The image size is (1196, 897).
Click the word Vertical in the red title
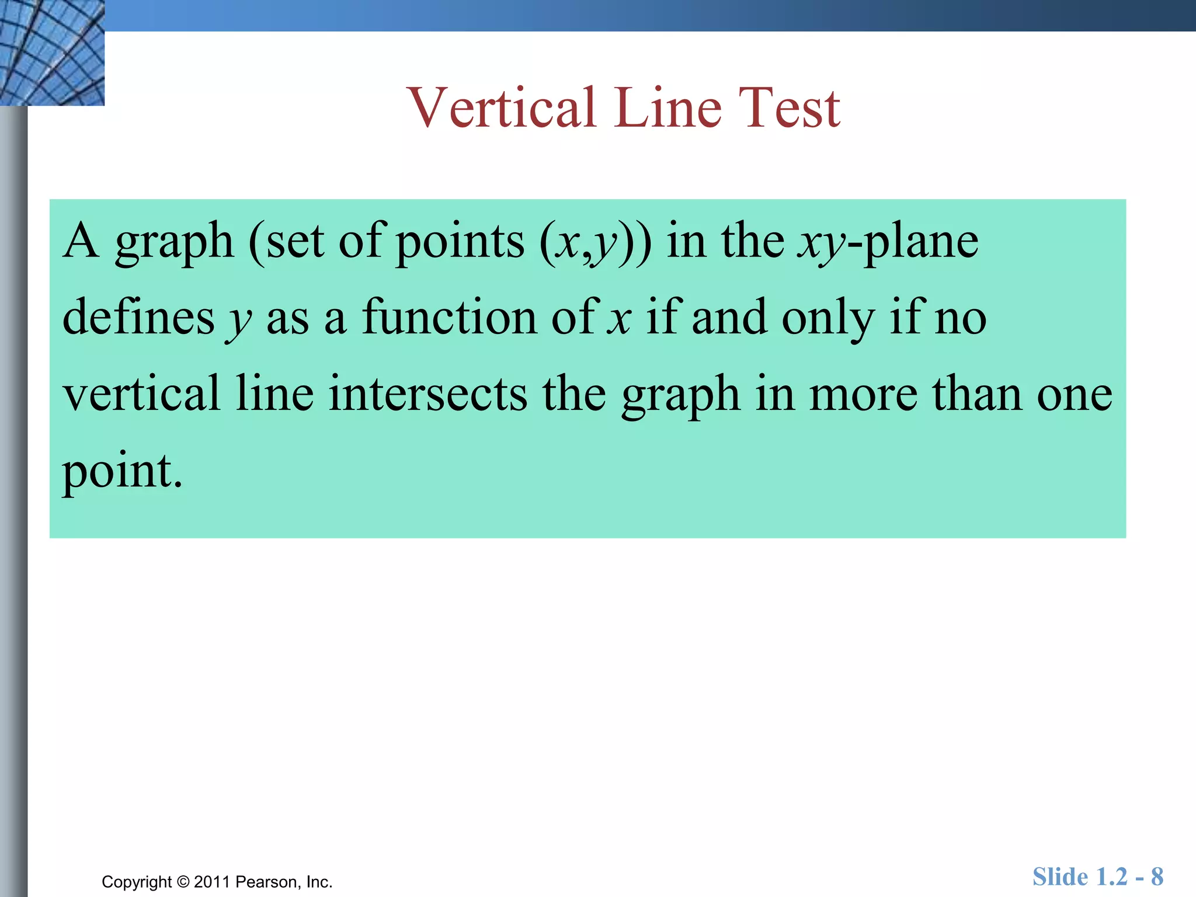tap(502, 108)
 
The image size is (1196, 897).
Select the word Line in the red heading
tap(667, 108)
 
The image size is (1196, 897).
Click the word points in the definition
tap(460, 242)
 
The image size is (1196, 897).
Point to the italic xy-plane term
tap(888, 242)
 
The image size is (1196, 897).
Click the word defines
tap(138, 318)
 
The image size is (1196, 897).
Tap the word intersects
tap(427, 394)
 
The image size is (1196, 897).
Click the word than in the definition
tap(976, 394)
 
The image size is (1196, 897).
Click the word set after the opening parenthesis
tap(295, 242)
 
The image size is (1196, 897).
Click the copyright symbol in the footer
tap(183, 882)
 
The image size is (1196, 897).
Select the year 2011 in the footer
tap(213, 882)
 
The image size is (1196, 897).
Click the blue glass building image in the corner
tap(52, 53)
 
